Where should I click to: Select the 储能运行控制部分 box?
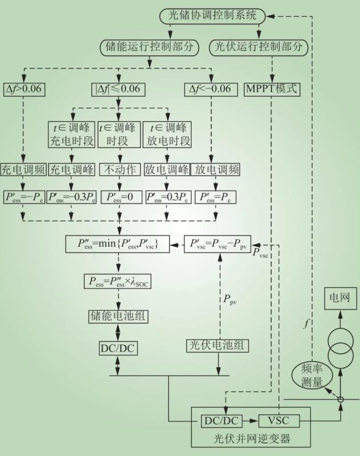coord(150,47)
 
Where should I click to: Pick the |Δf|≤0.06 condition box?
coord(118,89)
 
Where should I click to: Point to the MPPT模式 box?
coord(272,89)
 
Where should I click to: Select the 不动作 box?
coord(118,169)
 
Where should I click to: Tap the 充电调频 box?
coord(23,169)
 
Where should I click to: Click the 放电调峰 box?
coord(167,169)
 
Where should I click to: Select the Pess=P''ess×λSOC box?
coord(118,281)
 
